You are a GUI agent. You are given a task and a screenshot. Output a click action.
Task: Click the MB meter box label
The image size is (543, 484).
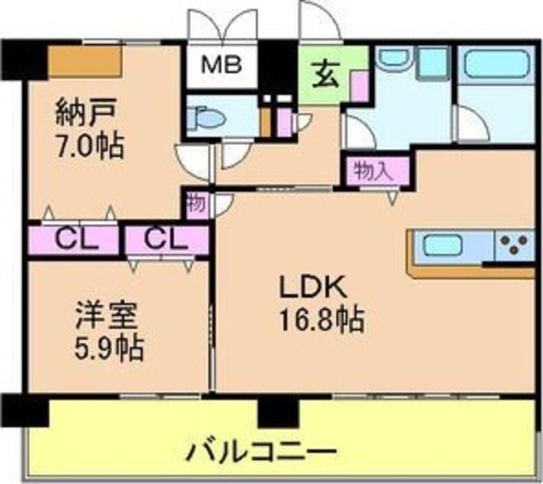click(x=221, y=64)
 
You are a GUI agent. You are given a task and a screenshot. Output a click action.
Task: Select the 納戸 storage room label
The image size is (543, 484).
click(x=85, y=113)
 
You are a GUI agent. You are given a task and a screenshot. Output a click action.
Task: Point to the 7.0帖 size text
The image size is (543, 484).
click(x=90, y=146)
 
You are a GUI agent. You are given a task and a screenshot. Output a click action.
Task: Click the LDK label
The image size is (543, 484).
click(x=313, y=288)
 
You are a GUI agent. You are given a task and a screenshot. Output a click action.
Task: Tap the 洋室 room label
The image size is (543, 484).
click(x=107, y=315)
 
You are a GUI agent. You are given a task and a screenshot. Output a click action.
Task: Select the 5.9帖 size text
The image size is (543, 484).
click(x=109, y=348)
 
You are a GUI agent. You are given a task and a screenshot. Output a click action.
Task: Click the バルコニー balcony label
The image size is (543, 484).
click(x=261, y=450)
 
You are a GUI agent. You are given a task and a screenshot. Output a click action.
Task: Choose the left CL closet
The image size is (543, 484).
click(x=73, y=240)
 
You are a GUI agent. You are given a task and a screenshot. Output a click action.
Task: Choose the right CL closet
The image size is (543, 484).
click(x=167, y=240)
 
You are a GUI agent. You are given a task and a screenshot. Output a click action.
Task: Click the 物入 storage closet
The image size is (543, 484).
click(x=375, y=171)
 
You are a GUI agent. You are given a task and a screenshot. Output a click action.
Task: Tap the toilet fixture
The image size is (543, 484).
click(x=205, y=119)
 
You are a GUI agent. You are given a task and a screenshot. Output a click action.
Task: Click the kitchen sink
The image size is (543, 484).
click(x=443, y=246)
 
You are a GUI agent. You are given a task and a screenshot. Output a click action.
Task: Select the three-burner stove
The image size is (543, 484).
click(x=515, y=245)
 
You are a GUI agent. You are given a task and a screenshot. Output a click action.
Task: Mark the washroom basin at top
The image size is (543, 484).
click(x=395, y=57)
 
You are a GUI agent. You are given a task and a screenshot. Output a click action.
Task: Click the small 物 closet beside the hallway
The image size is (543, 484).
click(x=197, y=205)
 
